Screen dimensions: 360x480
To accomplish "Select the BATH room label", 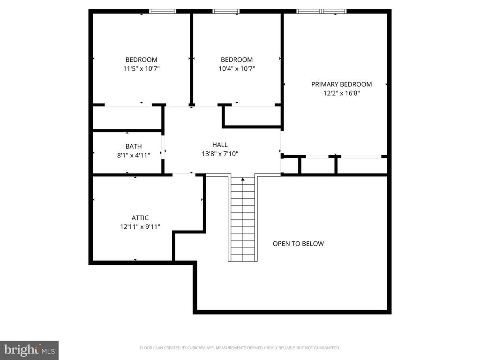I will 133,146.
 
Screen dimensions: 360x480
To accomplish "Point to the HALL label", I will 220,145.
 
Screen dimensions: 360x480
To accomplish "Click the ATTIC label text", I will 140,218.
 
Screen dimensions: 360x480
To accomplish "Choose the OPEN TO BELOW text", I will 298,244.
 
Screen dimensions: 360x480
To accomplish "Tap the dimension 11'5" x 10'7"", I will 141,68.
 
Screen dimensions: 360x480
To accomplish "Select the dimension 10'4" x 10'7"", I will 237,68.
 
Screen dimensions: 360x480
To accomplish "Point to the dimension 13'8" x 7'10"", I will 220,153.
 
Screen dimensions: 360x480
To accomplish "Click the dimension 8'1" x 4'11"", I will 133,155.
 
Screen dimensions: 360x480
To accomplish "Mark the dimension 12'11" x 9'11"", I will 140,226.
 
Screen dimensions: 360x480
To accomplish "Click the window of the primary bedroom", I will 322,11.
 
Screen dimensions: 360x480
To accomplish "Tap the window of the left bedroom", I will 163,11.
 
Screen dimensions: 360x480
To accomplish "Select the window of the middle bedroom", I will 226,11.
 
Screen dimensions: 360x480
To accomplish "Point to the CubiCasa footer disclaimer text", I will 240,348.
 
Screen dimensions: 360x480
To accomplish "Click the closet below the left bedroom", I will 127,118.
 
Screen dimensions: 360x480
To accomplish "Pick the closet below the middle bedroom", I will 252,116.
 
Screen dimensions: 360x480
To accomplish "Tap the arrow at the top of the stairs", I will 242,179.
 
